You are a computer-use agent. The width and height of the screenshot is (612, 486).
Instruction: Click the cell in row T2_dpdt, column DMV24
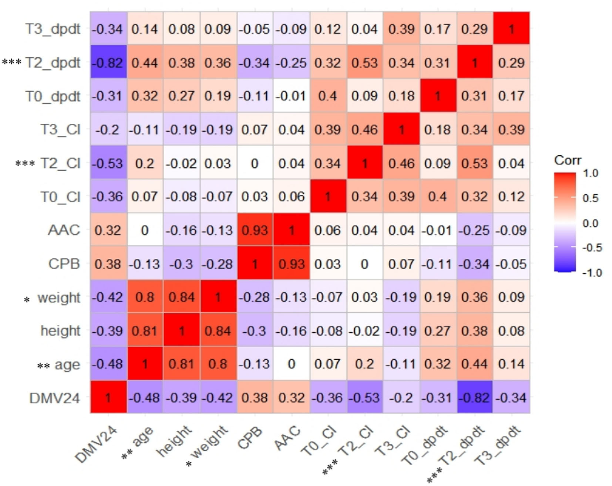108,62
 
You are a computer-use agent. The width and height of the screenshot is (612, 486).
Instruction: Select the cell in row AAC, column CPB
255,230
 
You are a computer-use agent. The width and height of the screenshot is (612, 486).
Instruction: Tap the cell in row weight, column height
181,297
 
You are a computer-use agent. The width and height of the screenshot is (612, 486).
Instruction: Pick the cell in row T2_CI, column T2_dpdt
474,163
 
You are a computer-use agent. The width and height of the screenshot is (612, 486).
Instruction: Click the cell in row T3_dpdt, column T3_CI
401,29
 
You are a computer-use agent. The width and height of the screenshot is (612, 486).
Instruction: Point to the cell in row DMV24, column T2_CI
364,397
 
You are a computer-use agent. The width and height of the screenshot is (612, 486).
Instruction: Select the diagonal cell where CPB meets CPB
255,264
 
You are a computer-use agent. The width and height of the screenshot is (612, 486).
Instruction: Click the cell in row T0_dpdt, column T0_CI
328,96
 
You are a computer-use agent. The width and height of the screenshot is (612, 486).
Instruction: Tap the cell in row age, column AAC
291,364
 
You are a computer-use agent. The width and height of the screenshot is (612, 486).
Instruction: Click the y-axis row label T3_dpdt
53,29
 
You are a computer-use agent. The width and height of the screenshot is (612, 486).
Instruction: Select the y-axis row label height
60,331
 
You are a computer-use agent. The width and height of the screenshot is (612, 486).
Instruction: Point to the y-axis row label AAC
64,230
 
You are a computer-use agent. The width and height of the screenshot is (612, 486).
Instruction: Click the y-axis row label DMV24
54,398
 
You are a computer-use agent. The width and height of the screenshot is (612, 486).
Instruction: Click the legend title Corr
567,160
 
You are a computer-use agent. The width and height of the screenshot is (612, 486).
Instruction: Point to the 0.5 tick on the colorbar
590,198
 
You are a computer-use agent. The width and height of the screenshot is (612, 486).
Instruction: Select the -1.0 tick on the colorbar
592,273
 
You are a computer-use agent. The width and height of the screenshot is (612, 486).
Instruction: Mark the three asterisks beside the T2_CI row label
25,163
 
